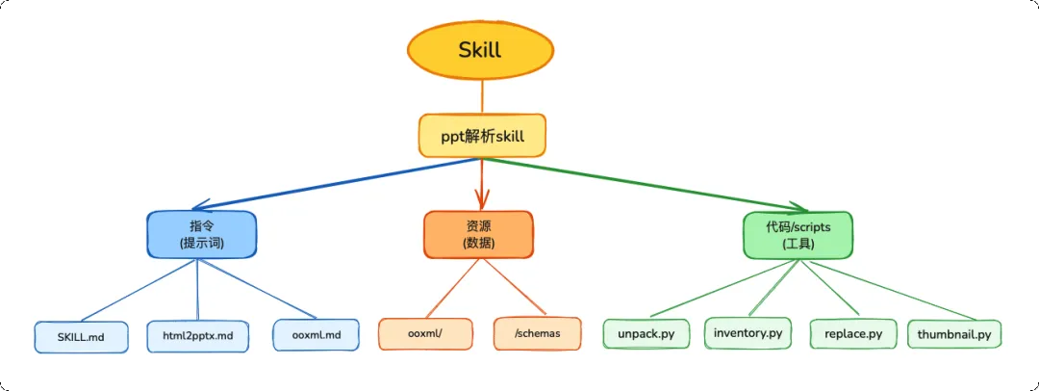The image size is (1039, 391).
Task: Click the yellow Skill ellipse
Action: (x=481, y=50)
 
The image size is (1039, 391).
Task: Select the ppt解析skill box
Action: (x=482, y=136)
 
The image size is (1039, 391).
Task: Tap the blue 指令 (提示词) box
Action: (x=201, y=234)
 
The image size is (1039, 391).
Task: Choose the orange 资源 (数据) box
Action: (x=478, y=234)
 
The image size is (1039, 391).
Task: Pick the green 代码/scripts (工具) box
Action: (x=798, y=235)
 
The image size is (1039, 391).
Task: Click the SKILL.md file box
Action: (x=81, y=336)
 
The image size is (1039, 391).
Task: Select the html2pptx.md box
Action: (x=197, y=336)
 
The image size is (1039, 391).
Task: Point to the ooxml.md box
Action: (x=315, y=335)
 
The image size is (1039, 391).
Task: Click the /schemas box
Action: (x=537, y=333)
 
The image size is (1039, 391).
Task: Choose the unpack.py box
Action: (x=646, y=334)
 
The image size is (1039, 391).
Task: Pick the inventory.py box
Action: (x=748, y=333)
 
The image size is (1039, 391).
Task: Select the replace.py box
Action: (x=853, y=334)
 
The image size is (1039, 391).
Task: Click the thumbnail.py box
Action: (x=954, y=334)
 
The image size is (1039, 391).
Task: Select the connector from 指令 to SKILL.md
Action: (x=135, y=290)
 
